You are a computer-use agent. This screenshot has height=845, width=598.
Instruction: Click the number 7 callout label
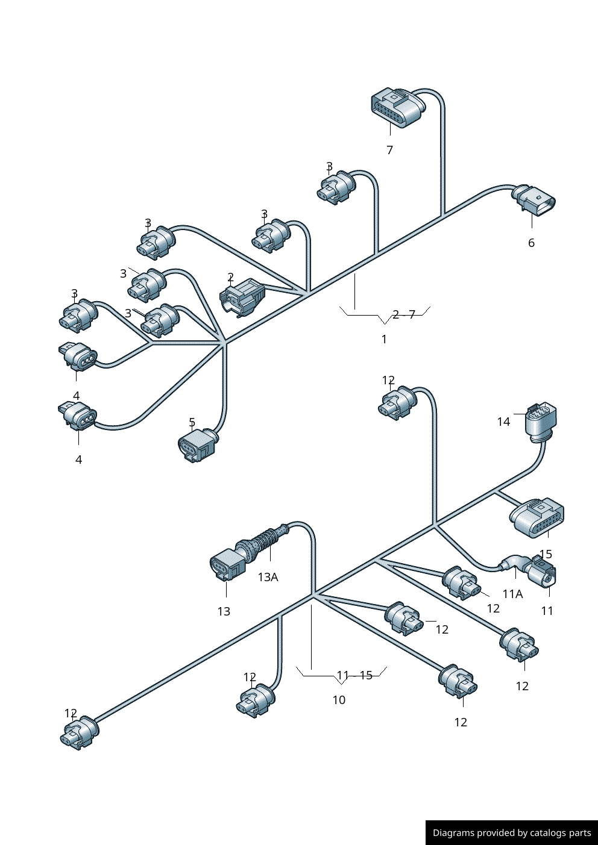coord(389,150)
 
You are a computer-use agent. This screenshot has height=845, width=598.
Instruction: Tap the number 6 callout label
coord(531,243)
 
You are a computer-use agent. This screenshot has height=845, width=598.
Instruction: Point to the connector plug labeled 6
coord(535,201)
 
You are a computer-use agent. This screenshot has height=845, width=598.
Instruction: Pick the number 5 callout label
coord(192,422)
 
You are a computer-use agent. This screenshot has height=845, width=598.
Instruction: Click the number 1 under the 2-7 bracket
coord(384,339)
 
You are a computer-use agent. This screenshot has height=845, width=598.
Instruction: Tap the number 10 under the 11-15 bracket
coord(339,700)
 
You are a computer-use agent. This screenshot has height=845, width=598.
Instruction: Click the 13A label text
coord(268,577)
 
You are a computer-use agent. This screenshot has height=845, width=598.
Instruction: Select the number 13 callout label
coord(224,611)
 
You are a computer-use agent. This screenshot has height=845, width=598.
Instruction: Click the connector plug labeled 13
coord(227,566)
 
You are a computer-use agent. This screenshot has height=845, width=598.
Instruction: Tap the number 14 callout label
coord(503,422)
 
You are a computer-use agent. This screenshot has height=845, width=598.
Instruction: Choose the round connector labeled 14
coord(541,420)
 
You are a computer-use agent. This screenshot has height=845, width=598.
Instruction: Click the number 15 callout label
coord(546,553)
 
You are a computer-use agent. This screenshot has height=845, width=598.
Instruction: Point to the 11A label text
coord(512,594)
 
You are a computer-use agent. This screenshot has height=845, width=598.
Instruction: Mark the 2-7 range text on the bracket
coord(403,314)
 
